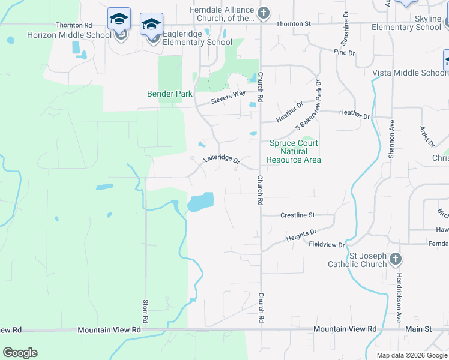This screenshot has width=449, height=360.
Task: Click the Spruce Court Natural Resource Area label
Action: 294,151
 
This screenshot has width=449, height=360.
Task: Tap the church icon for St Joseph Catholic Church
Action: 395,259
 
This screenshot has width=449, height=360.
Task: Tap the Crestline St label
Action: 297,215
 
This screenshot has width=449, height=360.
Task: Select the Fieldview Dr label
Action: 327,245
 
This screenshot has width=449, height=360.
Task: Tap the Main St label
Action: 420,329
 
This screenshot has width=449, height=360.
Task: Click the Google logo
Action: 20,353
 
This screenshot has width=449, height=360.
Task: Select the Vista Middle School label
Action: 409,73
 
